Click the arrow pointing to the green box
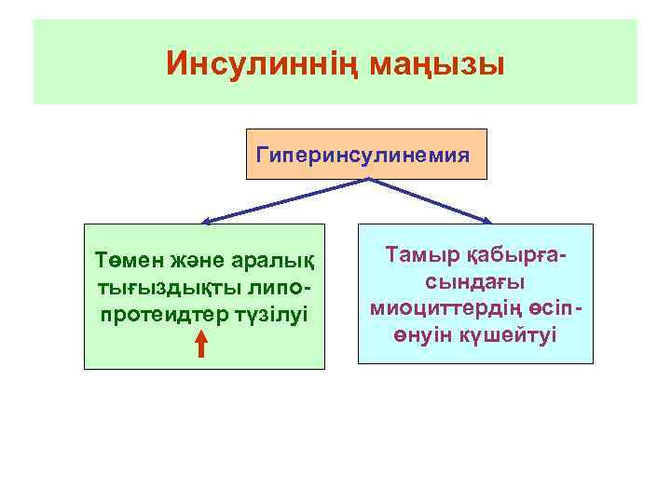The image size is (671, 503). tap(280, 201)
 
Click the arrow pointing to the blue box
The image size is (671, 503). tap(433, 201)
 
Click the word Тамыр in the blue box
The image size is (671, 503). tap(421, 255)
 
